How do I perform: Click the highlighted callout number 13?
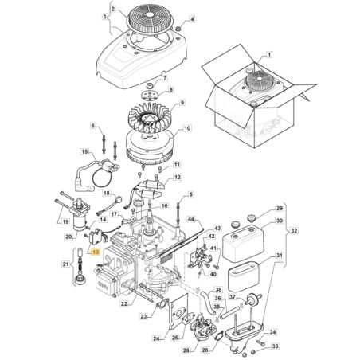95,252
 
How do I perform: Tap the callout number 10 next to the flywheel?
188,128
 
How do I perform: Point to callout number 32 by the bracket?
273,229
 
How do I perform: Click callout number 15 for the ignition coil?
85,151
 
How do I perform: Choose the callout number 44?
191,217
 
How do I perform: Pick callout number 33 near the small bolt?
276,347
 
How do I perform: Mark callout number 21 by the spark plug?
65,263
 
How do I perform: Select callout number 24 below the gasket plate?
157,340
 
